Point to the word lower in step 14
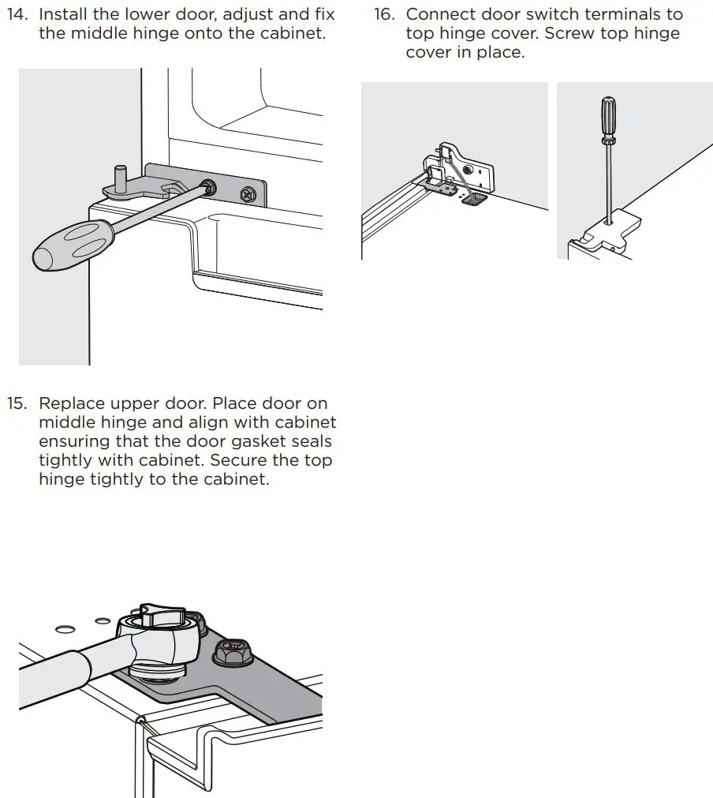click(147, 14)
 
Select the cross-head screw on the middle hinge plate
click(248, 192)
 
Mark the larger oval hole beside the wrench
click(65, 629)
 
